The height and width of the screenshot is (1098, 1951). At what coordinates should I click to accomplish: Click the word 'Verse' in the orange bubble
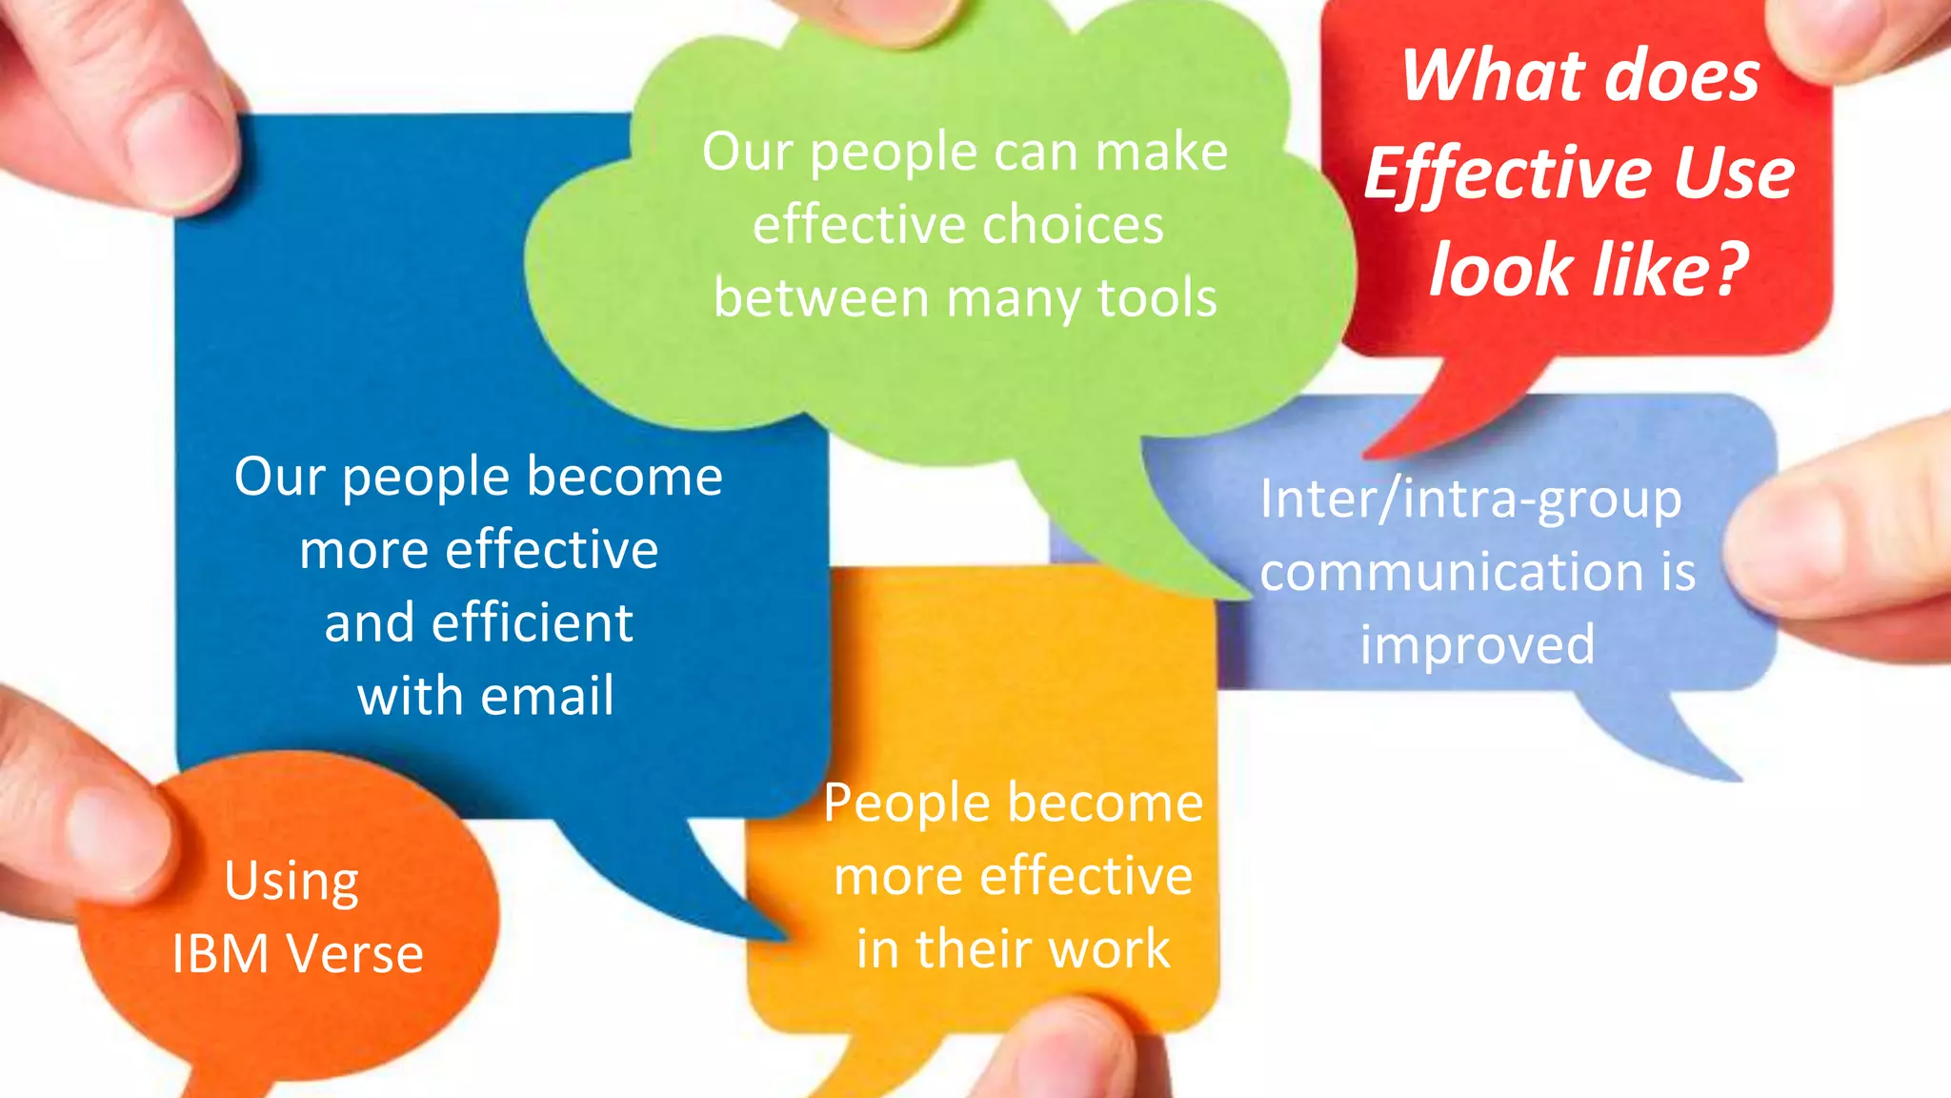pos(355,954)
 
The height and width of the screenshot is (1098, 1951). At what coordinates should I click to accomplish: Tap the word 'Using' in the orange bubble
pos(292,882)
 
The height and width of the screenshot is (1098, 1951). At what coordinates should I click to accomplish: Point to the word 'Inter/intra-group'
pos(1471,500)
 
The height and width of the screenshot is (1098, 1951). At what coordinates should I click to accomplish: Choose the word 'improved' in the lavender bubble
pos(1477,645)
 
